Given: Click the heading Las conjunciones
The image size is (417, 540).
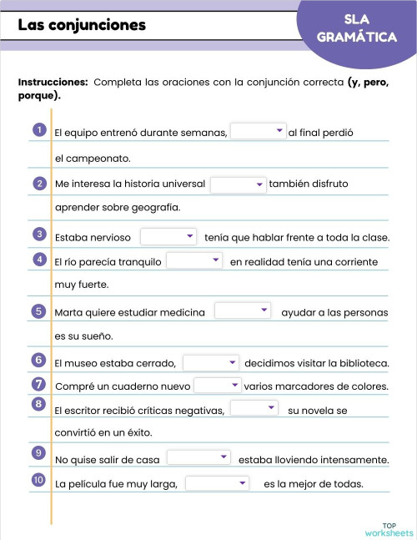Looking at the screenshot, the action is click(x=82, y=25).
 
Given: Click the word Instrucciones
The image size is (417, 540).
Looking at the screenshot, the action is click(x=53, y=83).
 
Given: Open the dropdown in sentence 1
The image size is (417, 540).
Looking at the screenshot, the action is click(x=258, y=131).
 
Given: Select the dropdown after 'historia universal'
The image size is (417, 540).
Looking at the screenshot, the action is click(x=238, y=184).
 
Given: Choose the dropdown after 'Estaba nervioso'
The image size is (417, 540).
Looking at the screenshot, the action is click(x=168, y=236).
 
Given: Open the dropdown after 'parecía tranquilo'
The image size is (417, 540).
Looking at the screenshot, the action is click(x=193, y=261).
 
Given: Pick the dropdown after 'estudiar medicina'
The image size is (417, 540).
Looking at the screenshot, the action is click(x=242, y=311).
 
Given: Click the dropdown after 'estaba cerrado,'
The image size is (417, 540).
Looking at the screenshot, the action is click(x=210, y=362).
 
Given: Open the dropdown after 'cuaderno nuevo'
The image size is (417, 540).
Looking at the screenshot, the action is click(x=217, y=386).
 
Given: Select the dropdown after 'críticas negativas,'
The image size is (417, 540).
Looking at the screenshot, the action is click(x=253, y=409).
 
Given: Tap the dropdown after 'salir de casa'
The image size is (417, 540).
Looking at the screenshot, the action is click(x=198, y=458).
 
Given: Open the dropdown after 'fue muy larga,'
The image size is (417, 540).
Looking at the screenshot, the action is click(x=216, y=483).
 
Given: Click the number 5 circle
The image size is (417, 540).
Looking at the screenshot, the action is click(x=39, y=311).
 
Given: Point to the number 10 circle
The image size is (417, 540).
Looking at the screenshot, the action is click(x=39, y=481).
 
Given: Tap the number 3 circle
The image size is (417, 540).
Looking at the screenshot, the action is click(x=39, y=235).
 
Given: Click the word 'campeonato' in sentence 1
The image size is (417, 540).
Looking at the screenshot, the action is click(x=103, y=158).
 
